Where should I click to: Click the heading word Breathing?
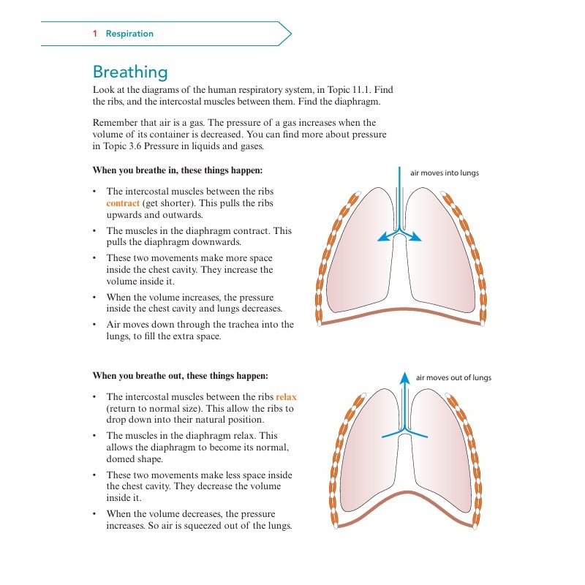tap(130, 72)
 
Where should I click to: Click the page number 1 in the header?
tap(95, 34)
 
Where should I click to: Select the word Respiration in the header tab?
tap(129, 34)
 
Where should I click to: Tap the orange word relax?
tap(286, 396)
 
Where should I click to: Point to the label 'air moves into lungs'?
tap(445, 173)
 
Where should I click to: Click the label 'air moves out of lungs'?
tap(453, 378)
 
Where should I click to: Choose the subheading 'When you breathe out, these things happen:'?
tap(180, 376)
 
